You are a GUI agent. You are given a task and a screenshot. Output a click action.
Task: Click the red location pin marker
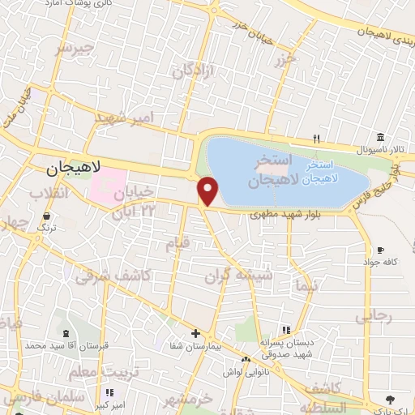[x=209, y=191]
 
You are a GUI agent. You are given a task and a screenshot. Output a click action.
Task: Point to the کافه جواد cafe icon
[x=380, y=250]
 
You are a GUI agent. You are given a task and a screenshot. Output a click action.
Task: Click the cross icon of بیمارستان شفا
[x=195, y=333]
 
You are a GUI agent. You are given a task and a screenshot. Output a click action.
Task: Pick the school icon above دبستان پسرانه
[x=285, y=329]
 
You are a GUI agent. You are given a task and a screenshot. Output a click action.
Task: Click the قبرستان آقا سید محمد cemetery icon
[x=65, y=334]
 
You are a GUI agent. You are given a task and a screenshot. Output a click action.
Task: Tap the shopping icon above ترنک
[x=46, y=216]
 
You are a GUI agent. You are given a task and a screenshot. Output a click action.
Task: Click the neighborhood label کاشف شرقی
[x=113, y=276]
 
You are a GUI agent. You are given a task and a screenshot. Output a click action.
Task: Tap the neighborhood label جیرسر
[x=75, y=49]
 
